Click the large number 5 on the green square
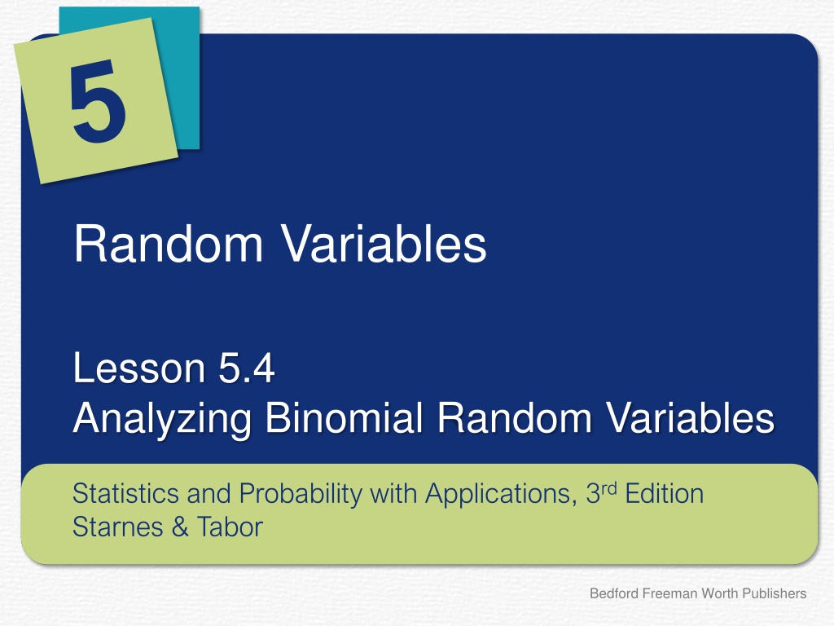coord(99,101)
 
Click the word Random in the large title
coord(169,243)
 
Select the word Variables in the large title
coord(383,243)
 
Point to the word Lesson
coord(139,368)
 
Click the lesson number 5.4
coord(247,368)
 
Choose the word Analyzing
coord(162,418)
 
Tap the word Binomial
coord(344,417)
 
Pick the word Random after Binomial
coord(515,418)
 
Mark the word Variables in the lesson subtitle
coord(691,418)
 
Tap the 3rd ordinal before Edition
coord(602,493)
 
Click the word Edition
coord(665,493)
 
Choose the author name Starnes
coord(118,527)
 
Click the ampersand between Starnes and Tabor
coord(180,527)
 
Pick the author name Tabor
coord(230,527)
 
